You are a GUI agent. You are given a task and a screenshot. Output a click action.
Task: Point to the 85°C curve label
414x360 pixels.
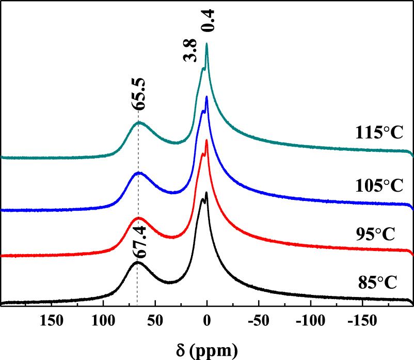[x=377, y=283]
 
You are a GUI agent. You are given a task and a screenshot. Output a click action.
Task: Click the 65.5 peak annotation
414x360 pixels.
[x=138, y=93]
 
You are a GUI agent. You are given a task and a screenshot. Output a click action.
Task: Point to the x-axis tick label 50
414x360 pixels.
[x=155, y=321]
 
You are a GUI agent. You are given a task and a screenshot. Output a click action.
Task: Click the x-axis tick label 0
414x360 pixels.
[x=207, y=321]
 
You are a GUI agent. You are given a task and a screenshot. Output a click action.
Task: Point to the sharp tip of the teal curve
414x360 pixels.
[x=206, y=44]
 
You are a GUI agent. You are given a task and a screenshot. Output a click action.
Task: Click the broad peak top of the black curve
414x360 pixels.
[x=137, y=262]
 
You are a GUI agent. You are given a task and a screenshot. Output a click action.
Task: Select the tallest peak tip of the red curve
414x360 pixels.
[x=206, y=140]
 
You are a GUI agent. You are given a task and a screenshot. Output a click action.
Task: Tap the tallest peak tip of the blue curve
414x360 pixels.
[x=206, y=97]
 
